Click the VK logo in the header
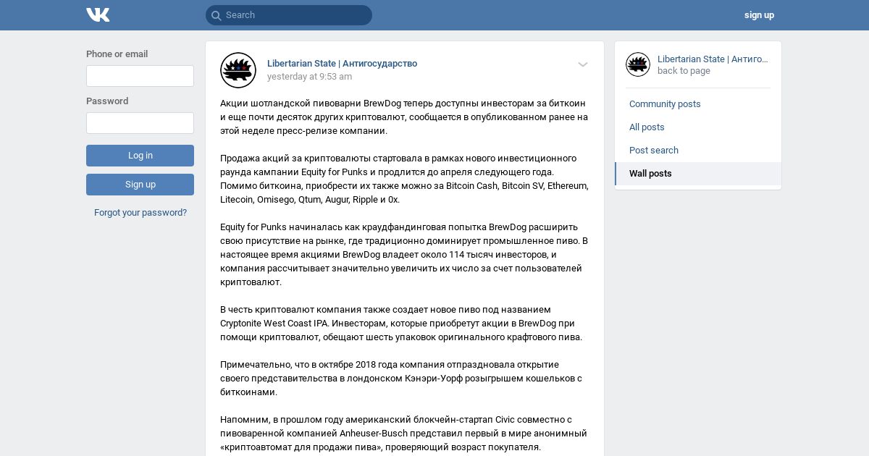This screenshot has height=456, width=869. point(98,14)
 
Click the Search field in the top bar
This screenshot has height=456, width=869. point(289,15)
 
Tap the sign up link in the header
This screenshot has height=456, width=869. point(759,15)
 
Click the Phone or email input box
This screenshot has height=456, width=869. point(140,76)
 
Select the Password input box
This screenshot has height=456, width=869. point(140,123)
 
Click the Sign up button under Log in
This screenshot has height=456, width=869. point(140,185)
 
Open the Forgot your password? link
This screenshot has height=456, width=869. point(140,213)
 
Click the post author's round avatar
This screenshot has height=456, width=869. point(238,70)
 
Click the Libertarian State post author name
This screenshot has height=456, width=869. point(342,64)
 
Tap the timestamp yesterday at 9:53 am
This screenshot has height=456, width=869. point(309,77)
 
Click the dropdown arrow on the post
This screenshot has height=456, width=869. point(583,64)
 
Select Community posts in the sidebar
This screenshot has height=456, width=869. point(665,104)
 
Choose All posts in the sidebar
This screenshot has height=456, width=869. point(647,127)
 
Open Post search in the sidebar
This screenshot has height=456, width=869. point(654,151)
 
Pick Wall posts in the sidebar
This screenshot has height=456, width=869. point(650,174)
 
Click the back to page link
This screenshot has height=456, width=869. point(684,71)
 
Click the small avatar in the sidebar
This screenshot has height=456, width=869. point(638,64)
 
